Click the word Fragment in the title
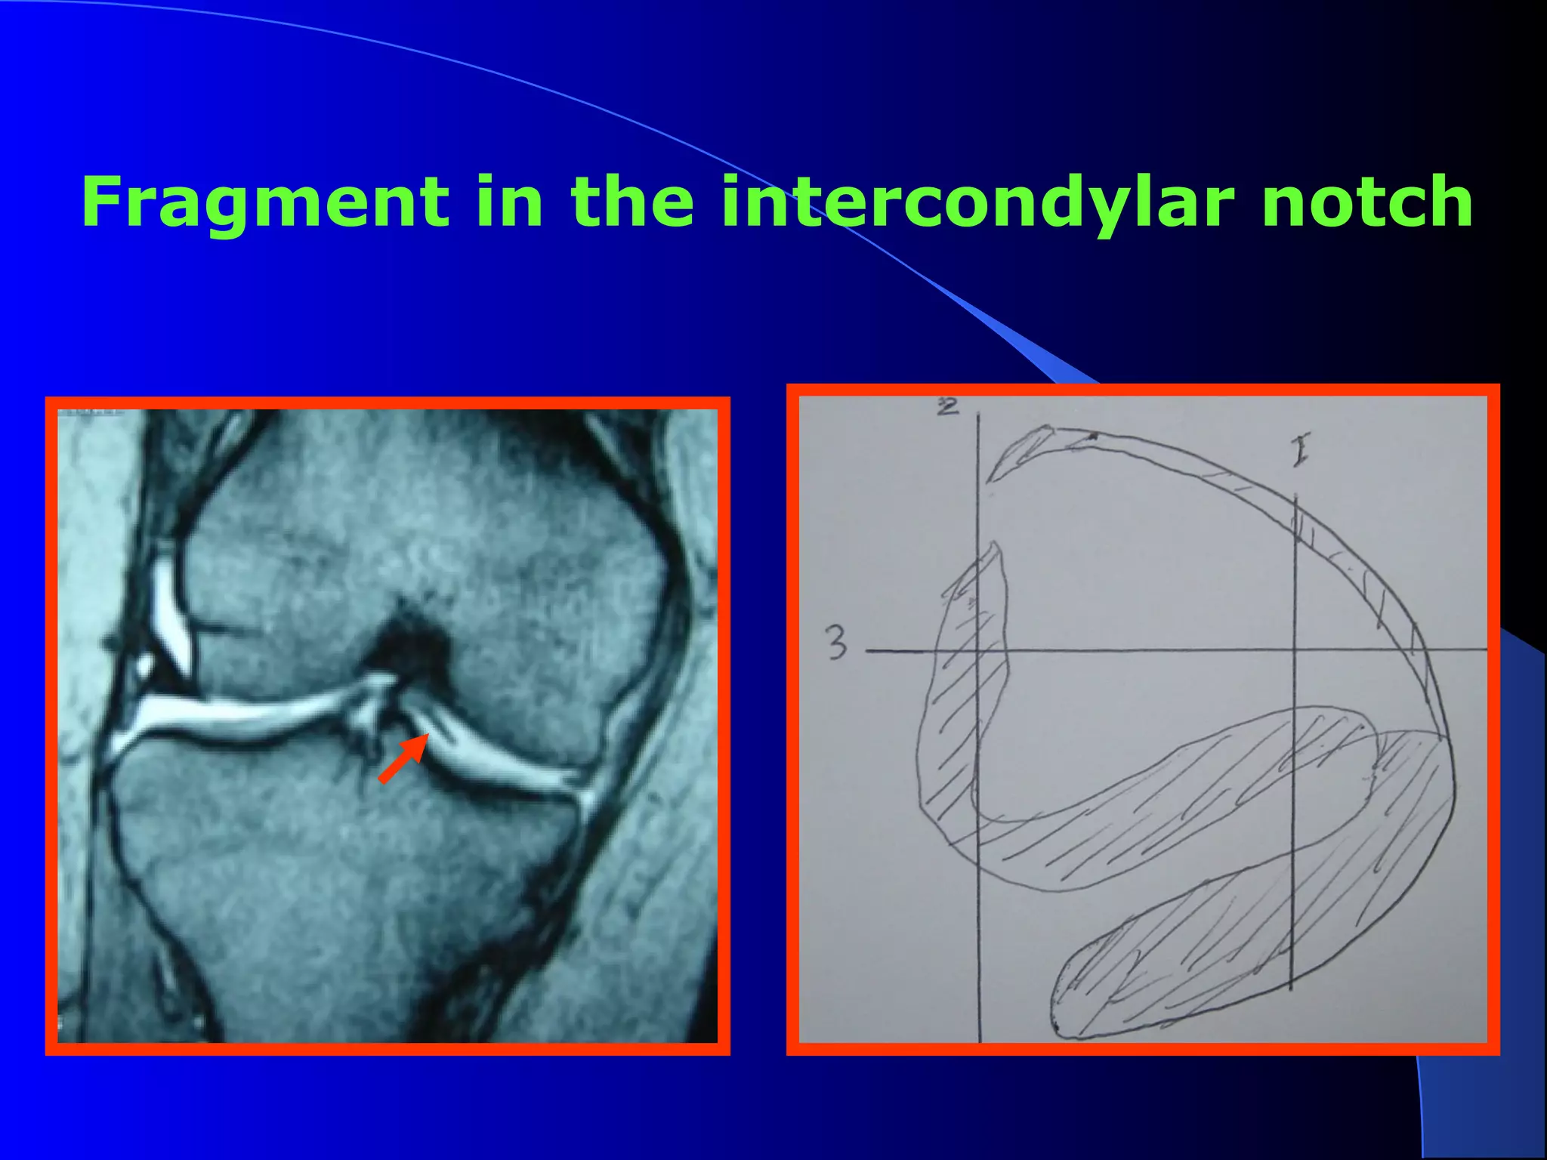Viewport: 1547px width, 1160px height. pyautogui.click(x=264, y=202)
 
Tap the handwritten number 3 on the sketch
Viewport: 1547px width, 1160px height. pyautogui.click(x=835, y=643)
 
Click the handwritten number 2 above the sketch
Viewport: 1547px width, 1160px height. pyautogui.click(x=947, y=407)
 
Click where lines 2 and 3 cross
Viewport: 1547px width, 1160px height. pyautogui.click(x=979, y=650)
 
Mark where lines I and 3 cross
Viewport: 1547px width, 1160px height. pyautogui.click(x=1295, y=649)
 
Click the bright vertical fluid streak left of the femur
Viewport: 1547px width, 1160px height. pyautogui.click(x=169, y=612)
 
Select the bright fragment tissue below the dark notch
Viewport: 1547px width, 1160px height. pyautogui.click(x=370, y=710)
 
